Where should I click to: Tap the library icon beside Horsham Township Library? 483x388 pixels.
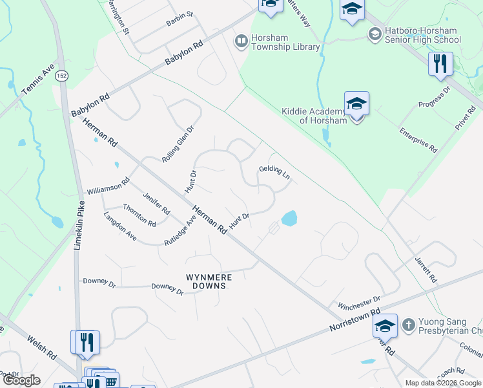[241, 42]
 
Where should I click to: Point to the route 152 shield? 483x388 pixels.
[61, 76]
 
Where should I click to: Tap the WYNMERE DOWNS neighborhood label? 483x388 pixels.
[209, 281]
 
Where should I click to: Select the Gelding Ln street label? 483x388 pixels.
[274, 172]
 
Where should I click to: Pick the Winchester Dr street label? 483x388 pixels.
[359, 303]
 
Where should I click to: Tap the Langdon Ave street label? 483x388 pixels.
[120, 226]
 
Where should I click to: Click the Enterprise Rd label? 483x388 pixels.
[418, 141]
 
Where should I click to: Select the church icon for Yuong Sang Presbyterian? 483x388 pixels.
[407, 325]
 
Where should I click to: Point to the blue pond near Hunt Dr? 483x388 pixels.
[289, 219]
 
